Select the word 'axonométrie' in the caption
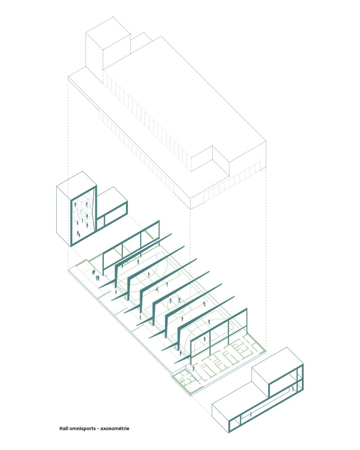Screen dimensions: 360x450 [115, 428]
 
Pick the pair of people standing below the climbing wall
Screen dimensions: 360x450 [78, 233]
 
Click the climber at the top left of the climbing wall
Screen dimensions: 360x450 [75, 205]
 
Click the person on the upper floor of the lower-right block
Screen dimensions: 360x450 [292, 389]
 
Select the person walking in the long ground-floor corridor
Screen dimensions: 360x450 [251, 414]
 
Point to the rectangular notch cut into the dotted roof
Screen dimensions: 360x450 [211, 159]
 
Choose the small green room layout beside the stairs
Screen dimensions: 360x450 [187, 381]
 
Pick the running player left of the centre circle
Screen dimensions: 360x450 [157, 289]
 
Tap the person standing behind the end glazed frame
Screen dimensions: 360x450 [205, 339]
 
